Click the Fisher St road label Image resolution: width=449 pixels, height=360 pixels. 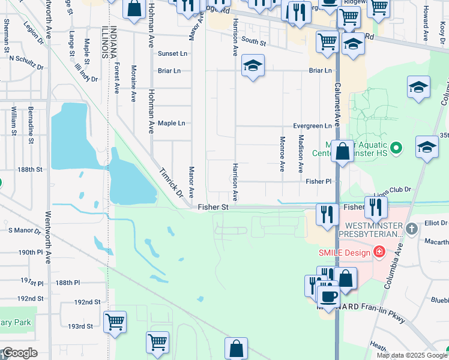click(213, 207)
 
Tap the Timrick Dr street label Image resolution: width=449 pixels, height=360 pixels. click(170, 182)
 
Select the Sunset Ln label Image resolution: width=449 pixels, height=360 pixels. click(172, 53)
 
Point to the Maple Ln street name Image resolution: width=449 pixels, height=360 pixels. click(171, 124)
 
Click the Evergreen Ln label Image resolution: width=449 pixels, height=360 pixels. click(312, 126)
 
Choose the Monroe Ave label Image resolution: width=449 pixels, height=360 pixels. click(282, 154)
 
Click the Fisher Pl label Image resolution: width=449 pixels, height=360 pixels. click(318, 181)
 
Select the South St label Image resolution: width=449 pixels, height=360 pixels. click(254, 42)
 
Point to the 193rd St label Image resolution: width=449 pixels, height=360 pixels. click(80, 326)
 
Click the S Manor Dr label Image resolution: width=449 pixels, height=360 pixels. click(23, 230)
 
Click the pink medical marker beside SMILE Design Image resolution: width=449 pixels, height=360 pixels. click(379, 252)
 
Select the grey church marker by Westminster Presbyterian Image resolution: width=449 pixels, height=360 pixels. click(411, 228)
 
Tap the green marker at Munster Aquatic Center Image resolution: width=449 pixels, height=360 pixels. click(396, 147)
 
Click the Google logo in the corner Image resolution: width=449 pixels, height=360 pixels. click(19, 353)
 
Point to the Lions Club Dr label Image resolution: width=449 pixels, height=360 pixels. click(391, 190)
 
